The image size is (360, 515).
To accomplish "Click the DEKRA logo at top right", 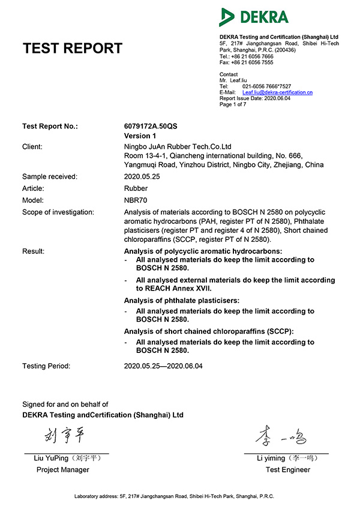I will point(254,17).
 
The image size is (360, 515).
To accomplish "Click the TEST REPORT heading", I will point(72,49).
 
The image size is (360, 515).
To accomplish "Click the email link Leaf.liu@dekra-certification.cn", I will point(278,92).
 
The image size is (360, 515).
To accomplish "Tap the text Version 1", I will point(140,136).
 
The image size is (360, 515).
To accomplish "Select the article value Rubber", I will point(135,188).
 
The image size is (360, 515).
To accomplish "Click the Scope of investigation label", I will point(58,212).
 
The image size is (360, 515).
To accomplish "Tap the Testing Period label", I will point(46,366).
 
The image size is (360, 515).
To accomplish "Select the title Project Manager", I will point(63,470).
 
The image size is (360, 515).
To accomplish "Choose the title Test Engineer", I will point(288,470).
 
